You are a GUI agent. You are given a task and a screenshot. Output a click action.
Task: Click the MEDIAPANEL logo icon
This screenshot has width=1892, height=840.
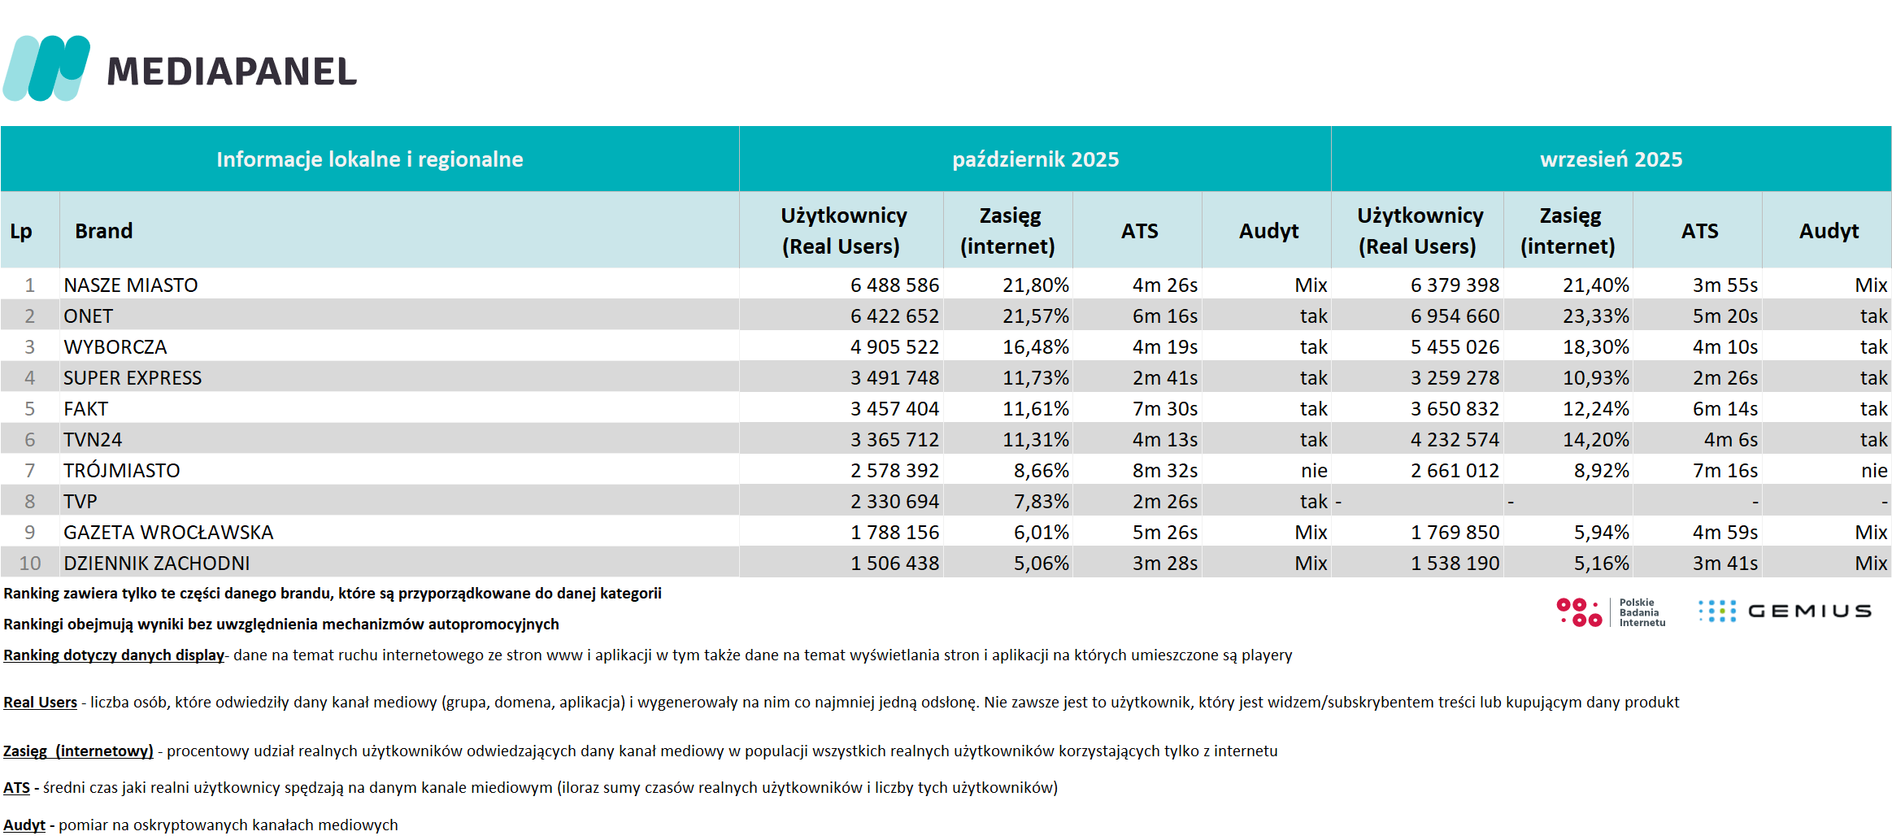pyautogui.click(x=46, y=68)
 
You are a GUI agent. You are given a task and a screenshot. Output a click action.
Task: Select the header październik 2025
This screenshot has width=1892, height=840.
pyautogui.click(x=1035, y=159)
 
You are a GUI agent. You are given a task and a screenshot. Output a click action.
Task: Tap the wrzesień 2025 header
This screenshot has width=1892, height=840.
pyautogui.click(x=1611, y=159)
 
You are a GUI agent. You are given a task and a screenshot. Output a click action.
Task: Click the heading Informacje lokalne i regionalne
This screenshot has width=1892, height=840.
pyautogui.click(x=369, y=159)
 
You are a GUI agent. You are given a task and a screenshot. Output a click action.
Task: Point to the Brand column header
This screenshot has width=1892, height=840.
pyautogui.click(x=103, y=231)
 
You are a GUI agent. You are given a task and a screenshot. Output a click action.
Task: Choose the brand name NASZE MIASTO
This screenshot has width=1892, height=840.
pyautogui.click(x=131, y=285)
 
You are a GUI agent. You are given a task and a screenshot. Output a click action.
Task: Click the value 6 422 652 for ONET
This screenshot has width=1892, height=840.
pyautogui.click(x=894, y=316)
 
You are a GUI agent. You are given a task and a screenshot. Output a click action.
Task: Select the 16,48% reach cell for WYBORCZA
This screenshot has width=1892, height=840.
pyautogui.click(x=1035, y=347)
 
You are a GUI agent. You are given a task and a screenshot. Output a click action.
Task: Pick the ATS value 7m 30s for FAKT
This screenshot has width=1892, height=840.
pyautogui.click(x=1164, y=409)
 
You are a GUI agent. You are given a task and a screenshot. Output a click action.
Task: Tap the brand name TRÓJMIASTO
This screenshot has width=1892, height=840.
pyautogui.click(x=122, y=471)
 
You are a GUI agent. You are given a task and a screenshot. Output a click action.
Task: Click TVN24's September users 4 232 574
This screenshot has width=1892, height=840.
pyautogui.click(x=1455, y=440)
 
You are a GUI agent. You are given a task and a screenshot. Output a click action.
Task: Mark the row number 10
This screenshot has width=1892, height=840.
pyautogui.click(x=30, y=564)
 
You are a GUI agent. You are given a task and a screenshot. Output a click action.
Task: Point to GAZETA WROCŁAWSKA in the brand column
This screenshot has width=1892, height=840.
pyautogui.click(x=168, y=533)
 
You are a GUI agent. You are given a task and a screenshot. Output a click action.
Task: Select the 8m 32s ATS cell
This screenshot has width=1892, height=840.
pyautogui.click(x=1164, y=471)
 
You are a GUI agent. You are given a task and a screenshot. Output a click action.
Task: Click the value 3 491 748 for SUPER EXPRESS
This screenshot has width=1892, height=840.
pyautogui.click(x=894, y=378)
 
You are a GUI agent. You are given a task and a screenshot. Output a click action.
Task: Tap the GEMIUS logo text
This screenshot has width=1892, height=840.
pyautogui.click(x=1809, y=612)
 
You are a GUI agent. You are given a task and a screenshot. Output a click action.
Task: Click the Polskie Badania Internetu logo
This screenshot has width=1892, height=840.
pyautogui.click(x=1610, y=612)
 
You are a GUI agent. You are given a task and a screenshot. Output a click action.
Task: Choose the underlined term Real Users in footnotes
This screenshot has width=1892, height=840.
pyautogui.click(x=40, y=703)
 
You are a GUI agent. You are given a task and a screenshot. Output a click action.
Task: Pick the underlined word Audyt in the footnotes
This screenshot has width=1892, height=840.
pyautogui.click(x=24, y=825)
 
